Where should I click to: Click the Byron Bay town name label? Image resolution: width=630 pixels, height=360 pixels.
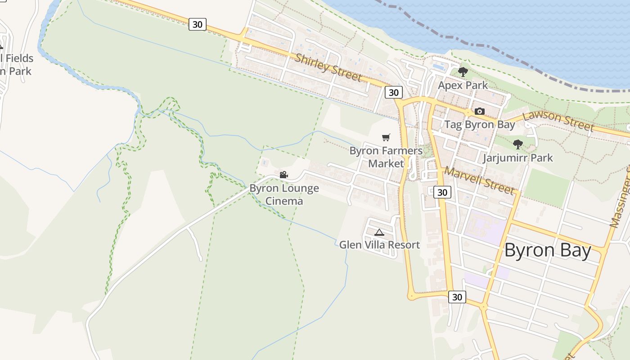point(547,250)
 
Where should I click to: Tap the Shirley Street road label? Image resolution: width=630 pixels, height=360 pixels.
point(328,67)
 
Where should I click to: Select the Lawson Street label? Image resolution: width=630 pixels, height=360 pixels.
point(558,120)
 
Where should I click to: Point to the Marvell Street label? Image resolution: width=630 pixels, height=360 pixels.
point(479,180)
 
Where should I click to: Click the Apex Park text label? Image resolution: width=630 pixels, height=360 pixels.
point(463,85)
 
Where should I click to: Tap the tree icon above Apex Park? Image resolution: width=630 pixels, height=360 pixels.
point(463,72)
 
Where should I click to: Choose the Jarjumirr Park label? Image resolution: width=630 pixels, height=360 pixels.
point(517,158)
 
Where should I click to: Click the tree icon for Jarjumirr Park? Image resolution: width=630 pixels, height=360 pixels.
point(518,144)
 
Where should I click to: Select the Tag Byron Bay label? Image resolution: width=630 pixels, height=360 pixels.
point(479,125)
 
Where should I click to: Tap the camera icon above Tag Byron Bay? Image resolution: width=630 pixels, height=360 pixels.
point(480,111)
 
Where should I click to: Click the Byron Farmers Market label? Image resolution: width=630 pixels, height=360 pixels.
point(386,157)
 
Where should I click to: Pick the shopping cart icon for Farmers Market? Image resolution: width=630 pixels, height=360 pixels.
point(386,137)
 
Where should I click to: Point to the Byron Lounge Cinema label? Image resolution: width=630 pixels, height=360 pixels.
point(284,194)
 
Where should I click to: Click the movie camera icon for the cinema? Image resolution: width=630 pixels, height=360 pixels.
point(283,175)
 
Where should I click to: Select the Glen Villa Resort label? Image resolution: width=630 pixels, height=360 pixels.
point(379,245)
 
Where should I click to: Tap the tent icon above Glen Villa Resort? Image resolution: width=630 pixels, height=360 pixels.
point(379,232)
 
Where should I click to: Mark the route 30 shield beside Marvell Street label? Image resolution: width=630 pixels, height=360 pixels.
point(442,192)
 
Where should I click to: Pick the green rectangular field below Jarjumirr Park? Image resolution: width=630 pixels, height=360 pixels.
point(547,187)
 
